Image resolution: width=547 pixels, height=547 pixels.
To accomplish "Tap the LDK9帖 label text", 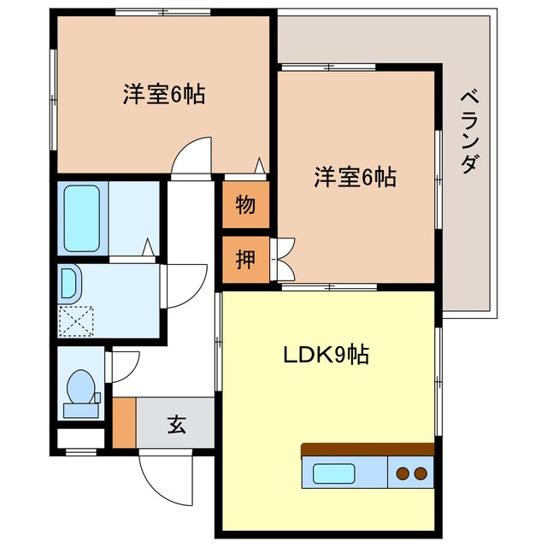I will [326, 355].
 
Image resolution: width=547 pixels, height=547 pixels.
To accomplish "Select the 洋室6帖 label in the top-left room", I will [163, 95].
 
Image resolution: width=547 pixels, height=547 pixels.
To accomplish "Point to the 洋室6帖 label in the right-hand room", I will [355, 178].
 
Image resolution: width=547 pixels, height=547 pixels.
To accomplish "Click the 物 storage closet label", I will [245, 205].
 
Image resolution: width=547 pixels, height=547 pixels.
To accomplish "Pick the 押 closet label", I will [245, 259].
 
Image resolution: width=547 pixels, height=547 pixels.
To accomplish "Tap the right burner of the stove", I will [420, 473].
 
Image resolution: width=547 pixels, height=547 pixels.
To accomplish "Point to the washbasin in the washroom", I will [68, 281].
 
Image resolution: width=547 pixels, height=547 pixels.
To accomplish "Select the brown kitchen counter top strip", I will [368, 450].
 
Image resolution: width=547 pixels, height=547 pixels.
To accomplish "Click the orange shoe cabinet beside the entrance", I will [124, 422].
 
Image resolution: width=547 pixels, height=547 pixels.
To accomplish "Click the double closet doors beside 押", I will [284, 259].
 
